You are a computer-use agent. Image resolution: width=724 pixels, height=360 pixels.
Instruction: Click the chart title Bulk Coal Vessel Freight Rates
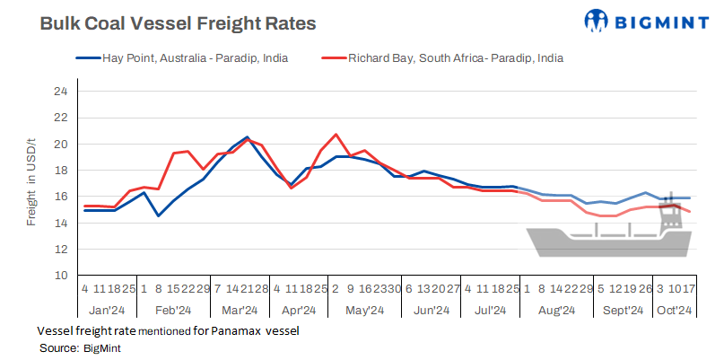178,23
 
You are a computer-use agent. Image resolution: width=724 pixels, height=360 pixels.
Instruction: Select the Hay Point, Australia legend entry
189,58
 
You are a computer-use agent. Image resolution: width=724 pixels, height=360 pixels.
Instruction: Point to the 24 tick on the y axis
60,92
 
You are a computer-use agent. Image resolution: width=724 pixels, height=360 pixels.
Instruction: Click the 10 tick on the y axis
60,276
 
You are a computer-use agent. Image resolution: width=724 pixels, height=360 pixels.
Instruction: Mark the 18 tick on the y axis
60,171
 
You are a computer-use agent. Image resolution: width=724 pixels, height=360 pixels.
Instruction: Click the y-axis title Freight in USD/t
31,183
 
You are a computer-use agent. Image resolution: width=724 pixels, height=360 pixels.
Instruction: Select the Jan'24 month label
106,311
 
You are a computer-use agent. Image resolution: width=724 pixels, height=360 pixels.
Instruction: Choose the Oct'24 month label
673,311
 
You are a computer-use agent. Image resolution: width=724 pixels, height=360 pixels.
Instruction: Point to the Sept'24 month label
620,311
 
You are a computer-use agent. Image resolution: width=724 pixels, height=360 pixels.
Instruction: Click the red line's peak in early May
336,135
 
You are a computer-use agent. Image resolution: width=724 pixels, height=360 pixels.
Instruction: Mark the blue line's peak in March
247,137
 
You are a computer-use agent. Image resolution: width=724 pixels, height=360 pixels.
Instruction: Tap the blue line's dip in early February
159,215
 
